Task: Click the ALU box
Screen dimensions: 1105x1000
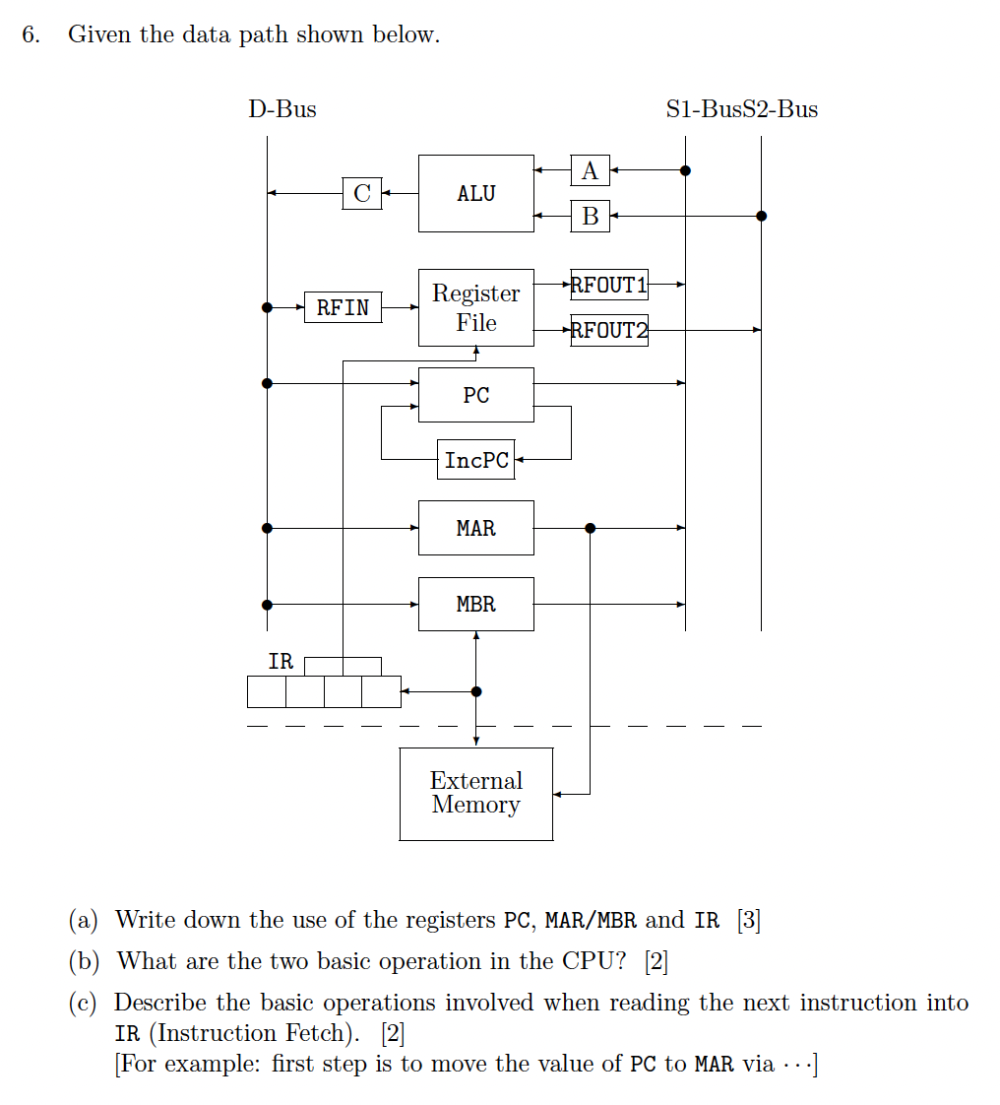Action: [476, 194]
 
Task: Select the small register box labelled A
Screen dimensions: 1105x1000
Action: [590, 170]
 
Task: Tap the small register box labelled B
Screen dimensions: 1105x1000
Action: [590, 216]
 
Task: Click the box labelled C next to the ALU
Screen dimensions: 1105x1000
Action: [362, 193]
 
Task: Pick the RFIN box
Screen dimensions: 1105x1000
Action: [343, 307]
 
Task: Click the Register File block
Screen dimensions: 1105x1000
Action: [476, 307]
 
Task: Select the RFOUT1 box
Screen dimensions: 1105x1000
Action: [609, 285]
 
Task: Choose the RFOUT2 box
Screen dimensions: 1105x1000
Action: [609, 330]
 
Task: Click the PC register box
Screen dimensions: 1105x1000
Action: [476, 395]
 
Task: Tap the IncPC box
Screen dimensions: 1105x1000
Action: [476, 460]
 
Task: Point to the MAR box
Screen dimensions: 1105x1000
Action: [476, 528]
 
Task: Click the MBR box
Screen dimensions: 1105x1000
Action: [476, 604]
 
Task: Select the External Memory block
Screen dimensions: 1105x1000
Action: [476, 794]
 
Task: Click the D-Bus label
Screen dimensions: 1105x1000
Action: [282, 109]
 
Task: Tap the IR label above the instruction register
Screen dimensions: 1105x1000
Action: [281, 662]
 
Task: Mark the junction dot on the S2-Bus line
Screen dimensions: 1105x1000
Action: [761, 216]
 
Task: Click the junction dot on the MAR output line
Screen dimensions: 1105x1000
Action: [590, 528]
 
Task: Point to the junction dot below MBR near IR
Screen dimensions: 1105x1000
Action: [476, 691]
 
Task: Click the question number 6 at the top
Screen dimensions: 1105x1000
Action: [31, 35]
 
